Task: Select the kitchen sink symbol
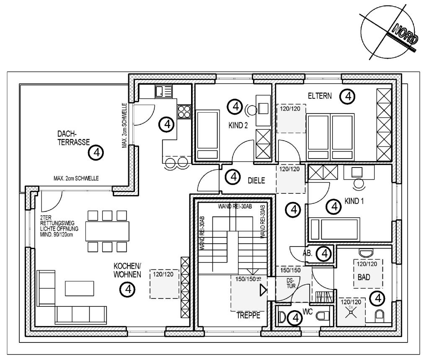click(164, 92)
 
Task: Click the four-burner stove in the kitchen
click(184, 111)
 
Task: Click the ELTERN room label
click(320, 96)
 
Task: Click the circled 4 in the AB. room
click(323, 253)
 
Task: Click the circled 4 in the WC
click(296, 319)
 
